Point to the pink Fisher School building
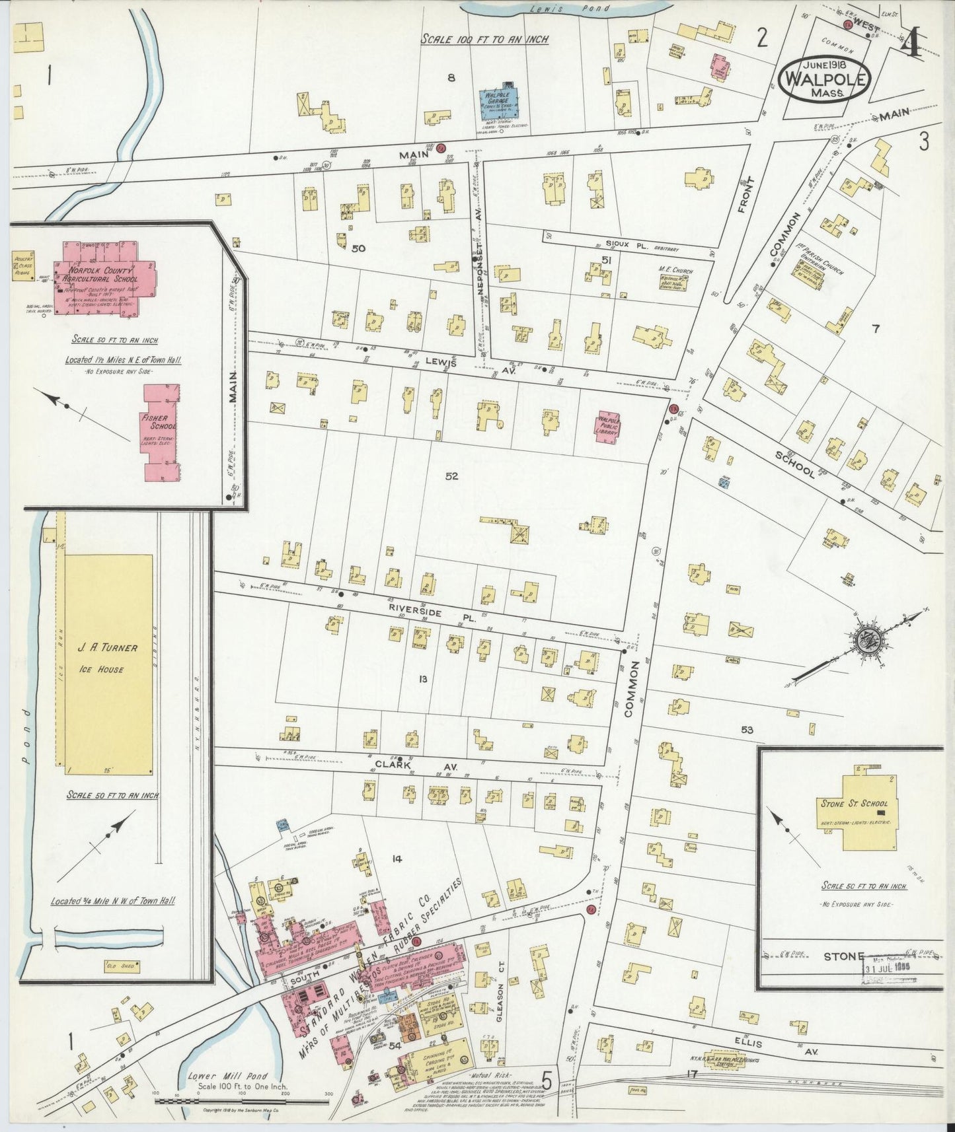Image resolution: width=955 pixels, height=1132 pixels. (161, 433)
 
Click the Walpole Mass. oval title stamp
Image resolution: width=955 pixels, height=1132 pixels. (824, 80)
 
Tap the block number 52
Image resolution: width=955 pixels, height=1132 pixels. (452, 476)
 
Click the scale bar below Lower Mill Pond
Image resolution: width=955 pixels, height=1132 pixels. (241, 1101)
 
